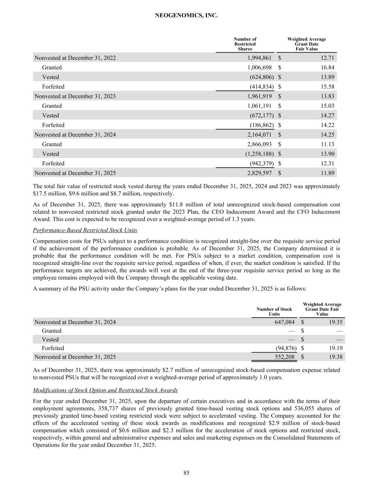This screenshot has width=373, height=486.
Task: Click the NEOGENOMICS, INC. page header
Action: tap(186, 16)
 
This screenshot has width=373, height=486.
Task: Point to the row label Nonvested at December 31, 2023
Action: tap(75, 96)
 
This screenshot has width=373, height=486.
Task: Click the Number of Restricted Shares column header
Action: tap(245, 44)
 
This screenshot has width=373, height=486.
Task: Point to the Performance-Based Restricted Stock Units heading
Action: tap(85, 230)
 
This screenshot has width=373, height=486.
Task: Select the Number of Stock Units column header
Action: tap(274, 312)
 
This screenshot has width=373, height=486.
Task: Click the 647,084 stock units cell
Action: tap(283, 322)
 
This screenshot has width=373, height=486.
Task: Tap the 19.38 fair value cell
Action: tap(336, 356)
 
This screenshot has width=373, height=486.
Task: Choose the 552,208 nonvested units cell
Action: tap(283, 356)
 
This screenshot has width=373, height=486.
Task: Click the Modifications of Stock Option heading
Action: tap(105, 390)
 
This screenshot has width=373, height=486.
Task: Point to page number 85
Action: tap(186, 473)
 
